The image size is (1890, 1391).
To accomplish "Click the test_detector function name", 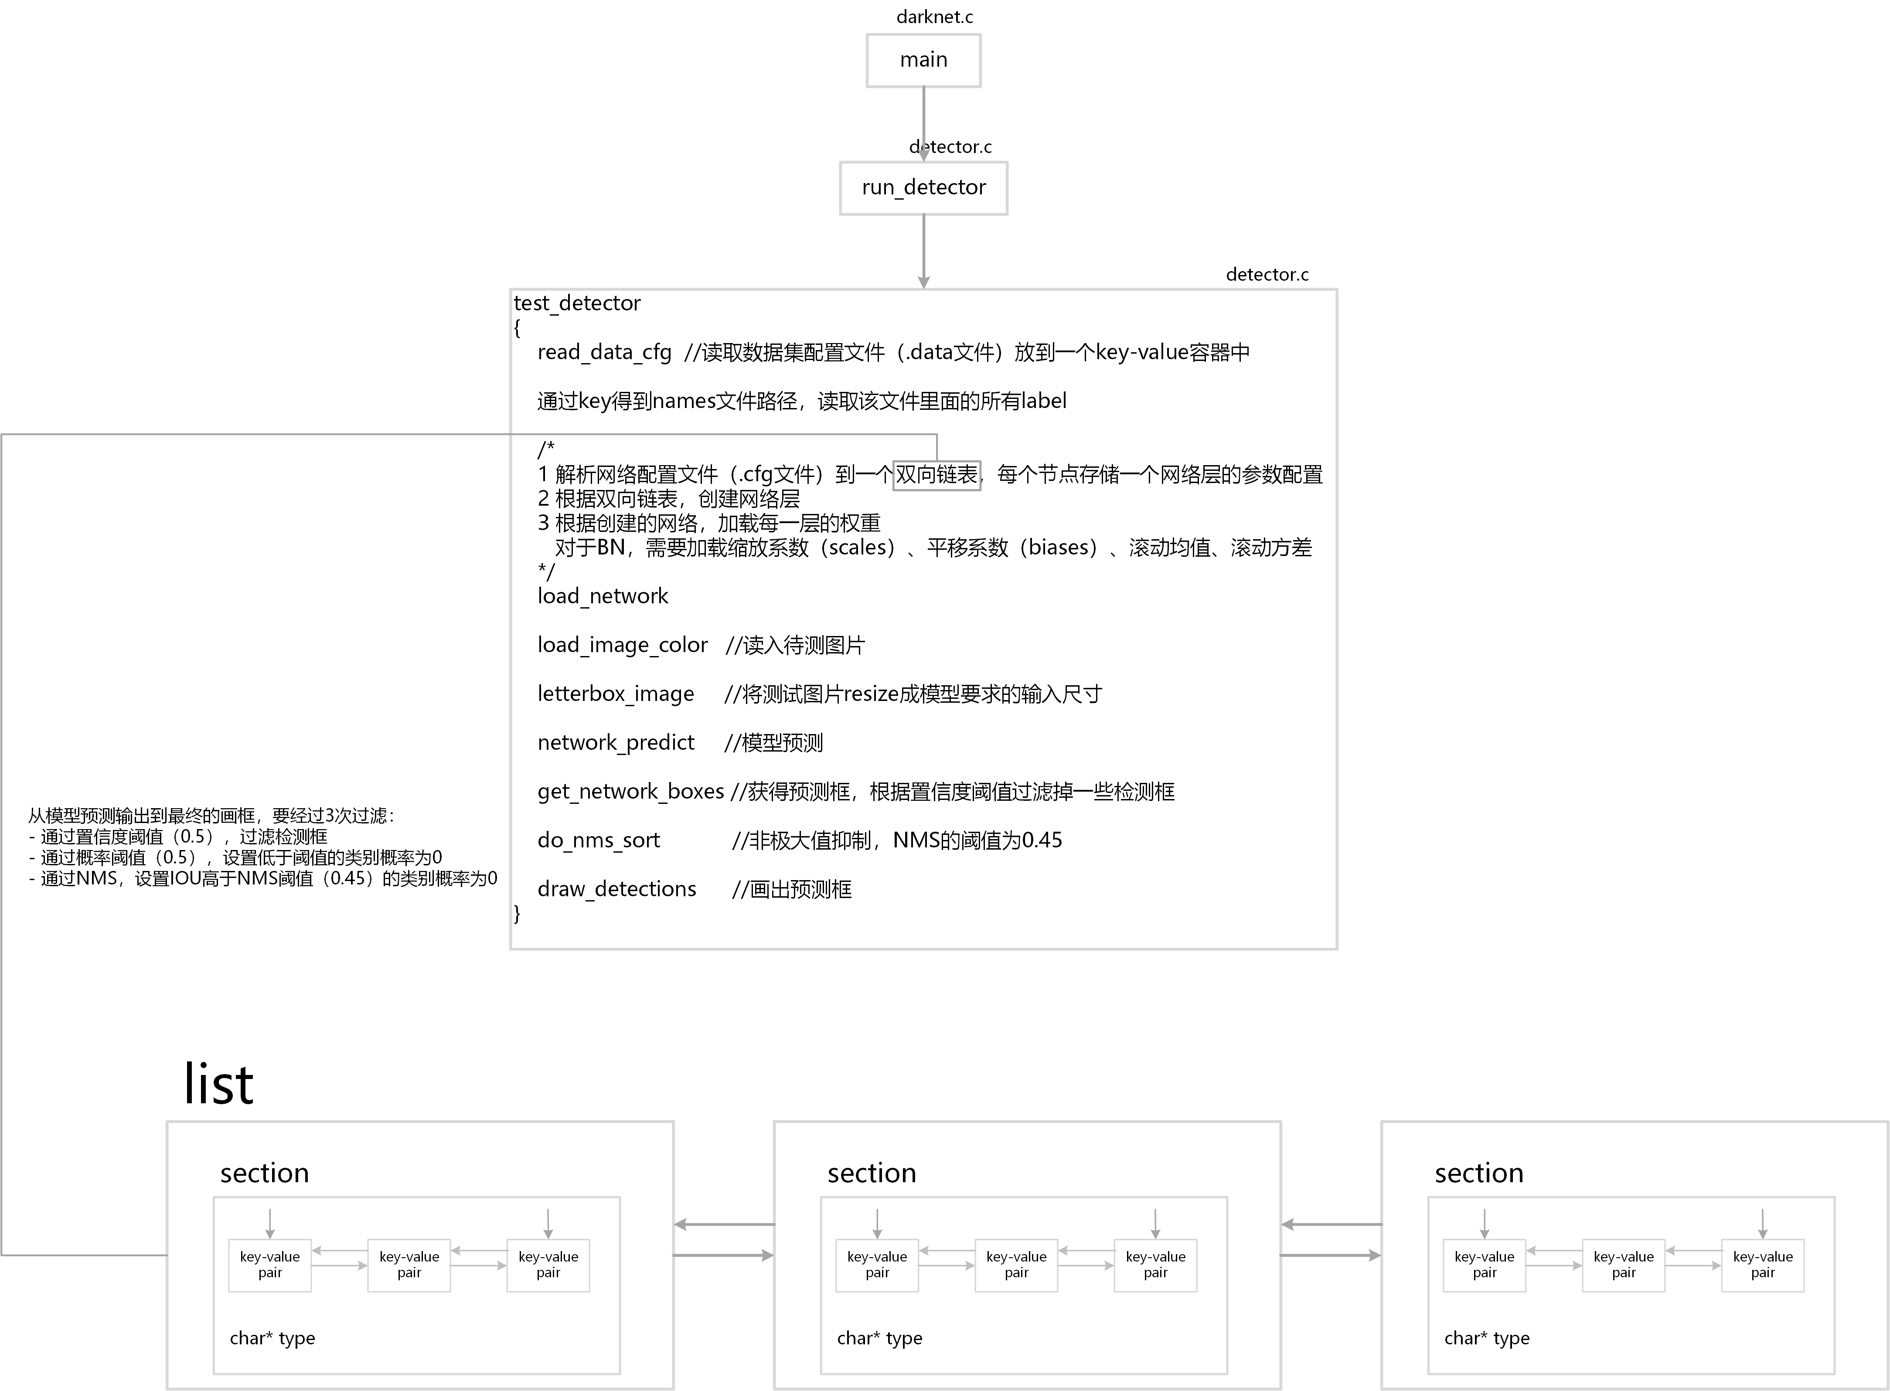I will (x=577, y=303).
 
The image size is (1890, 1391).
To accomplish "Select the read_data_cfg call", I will (x=604, y=352).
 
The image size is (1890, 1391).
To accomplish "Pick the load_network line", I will (x=602, y=596).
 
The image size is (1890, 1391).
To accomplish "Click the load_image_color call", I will (x=623, y=645).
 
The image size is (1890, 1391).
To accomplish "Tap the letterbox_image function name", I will (x=616, y=694).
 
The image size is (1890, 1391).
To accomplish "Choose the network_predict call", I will (x=616, y=743).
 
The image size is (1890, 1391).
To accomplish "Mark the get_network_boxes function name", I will (x=630, y=792).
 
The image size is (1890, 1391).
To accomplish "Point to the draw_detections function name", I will (x=616, y=889).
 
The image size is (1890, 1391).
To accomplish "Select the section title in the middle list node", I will (x=872, y=1173).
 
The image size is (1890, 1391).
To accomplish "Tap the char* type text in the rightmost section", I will (x=1487, y=1338).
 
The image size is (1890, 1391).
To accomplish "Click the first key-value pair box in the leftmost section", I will (x=269, y=1265).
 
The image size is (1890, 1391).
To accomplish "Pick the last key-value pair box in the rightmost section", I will (x=1762, y=1265).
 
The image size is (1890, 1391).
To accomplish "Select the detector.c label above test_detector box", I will (x=1267, y=275).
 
